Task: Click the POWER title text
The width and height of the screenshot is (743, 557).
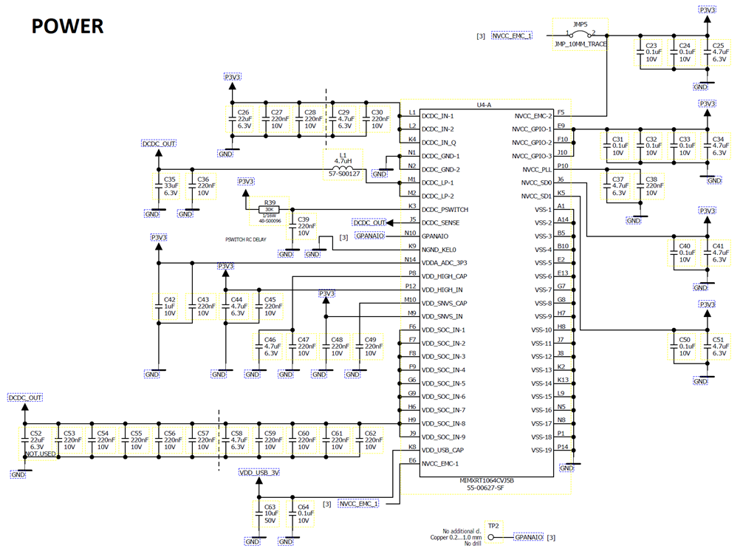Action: click(67, 26)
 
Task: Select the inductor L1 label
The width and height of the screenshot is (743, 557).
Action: click(342, 156)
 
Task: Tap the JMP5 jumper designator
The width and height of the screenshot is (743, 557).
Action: click(580, 24)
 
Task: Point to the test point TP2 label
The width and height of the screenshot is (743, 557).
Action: click(493, 525)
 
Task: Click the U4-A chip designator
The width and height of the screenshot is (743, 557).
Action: click(484, 105)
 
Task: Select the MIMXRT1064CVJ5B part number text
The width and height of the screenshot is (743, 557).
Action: click(485, 480)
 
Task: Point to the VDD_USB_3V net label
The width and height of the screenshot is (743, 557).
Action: click(259, 473)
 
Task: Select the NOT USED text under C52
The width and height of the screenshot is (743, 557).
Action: click(40, 454)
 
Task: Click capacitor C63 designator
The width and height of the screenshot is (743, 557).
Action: click(271, 507)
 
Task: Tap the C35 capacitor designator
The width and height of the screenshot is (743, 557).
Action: click(170, 179)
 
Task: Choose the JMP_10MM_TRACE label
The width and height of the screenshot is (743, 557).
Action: click(580, 45)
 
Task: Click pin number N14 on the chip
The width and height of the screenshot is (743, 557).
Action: click(411, 259)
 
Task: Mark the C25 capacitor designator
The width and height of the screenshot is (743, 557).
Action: click(719, 45)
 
